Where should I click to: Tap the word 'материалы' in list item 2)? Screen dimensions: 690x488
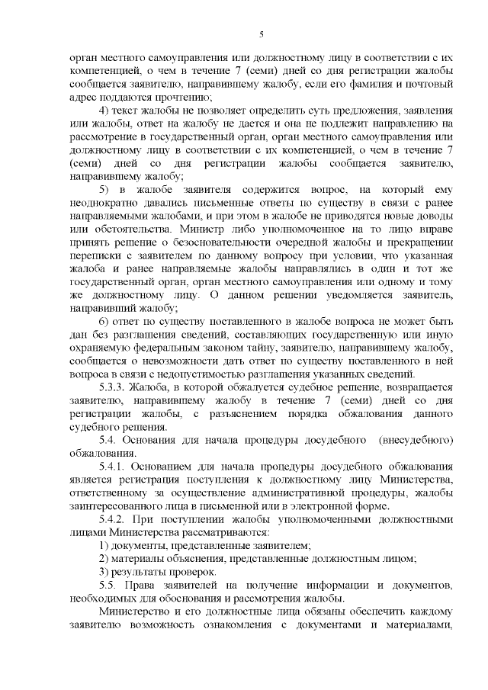click(146, 558)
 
